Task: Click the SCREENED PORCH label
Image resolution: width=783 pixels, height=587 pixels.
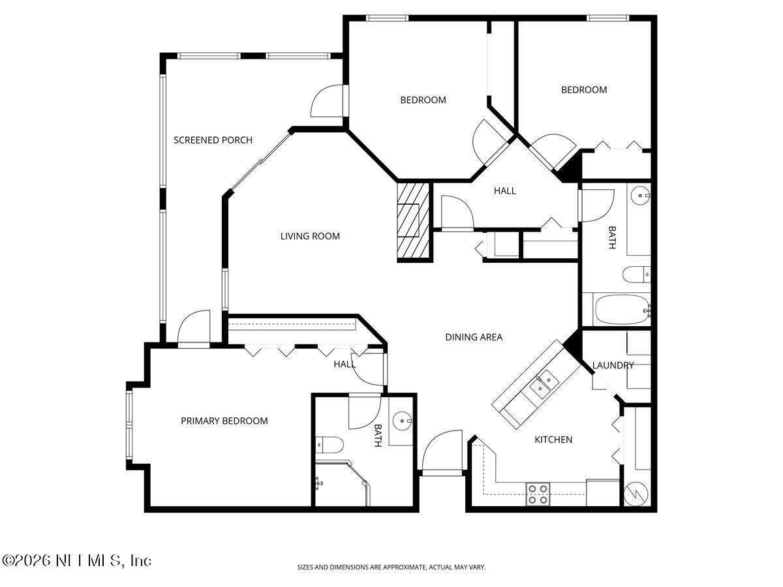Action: point(213,140)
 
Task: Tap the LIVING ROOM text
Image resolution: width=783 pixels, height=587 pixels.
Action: point(310,236)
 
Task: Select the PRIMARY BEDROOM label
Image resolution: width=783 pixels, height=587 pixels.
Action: point(224,421)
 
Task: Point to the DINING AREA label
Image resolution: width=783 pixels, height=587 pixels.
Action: point(474,337)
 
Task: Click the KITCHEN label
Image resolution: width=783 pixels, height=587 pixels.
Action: point(553,440)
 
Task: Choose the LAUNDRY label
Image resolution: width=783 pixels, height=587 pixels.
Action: point(613,365)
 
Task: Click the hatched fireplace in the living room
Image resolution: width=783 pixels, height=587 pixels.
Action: point(414,222)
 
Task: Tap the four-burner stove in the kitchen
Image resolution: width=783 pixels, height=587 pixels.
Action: point(538,494)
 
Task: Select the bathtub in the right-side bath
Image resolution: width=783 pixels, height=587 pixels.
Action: point(621,310)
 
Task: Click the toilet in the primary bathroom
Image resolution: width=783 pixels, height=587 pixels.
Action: point(330,445)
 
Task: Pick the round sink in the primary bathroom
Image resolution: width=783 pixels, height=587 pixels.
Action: point(401,421)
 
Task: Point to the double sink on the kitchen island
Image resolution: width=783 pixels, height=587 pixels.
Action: point(543,385)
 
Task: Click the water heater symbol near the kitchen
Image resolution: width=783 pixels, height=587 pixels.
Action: point(636,494)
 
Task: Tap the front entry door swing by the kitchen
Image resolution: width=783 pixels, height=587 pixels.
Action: point(442,452)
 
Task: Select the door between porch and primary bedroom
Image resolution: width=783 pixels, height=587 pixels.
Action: point(193,327)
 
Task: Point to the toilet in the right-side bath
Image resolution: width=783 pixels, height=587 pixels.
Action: point(636,275)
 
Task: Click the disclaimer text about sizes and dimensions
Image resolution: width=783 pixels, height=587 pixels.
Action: point(391,567)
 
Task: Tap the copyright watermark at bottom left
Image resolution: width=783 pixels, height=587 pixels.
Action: point(77,560)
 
